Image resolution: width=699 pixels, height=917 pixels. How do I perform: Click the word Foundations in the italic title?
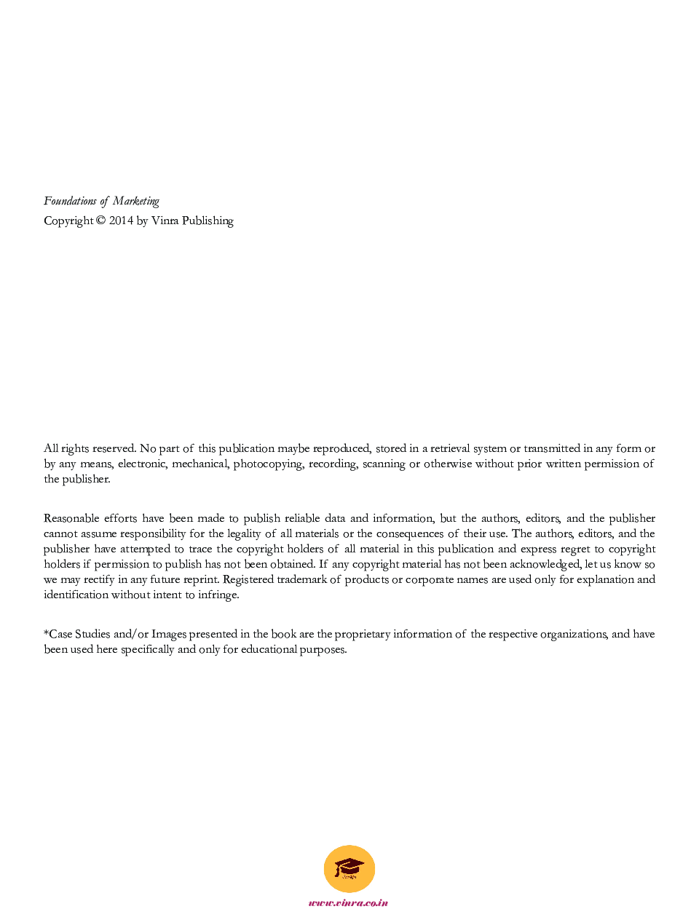point(70,201)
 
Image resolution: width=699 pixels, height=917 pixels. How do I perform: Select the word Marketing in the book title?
point(135,202)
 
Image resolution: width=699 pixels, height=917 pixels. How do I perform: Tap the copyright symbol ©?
point(100,221)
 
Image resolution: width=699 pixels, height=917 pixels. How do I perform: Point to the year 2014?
point(121,221)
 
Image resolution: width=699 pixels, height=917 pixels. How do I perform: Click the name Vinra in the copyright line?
point(165,221)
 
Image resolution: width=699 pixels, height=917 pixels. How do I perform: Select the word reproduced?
point(341,449)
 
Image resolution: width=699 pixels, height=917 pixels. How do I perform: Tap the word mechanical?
point(199,464)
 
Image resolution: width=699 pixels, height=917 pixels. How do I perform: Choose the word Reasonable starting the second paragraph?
point(71,518)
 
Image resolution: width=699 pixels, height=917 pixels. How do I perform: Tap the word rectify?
point(99,580)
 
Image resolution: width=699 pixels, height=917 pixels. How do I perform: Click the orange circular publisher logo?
point(349,869)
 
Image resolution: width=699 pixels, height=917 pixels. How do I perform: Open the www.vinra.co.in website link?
point(349,903)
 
